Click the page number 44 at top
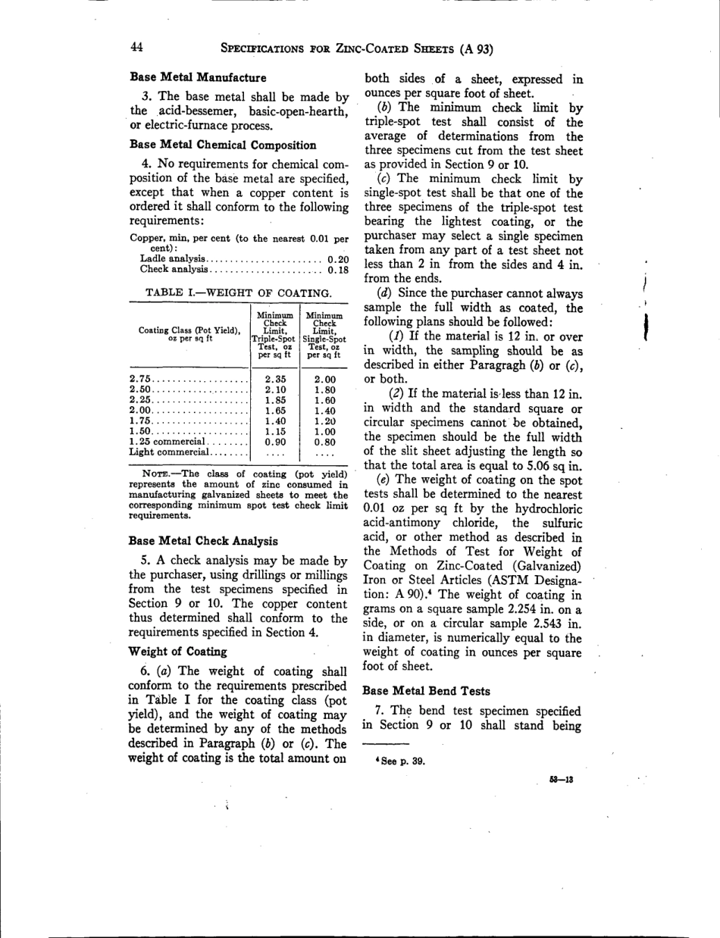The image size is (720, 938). click(x=137, y=48)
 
